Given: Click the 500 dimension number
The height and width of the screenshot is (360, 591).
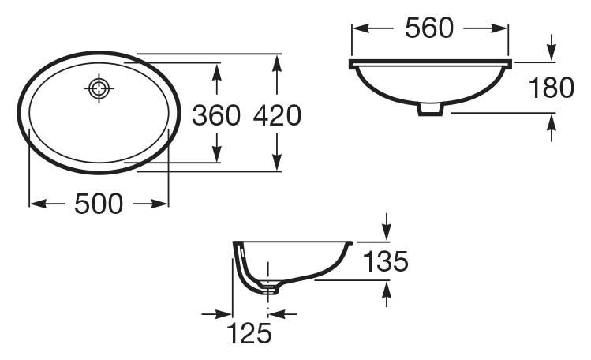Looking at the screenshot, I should tap(99, 204).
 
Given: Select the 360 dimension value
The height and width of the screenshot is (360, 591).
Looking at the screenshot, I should tap(216, 115).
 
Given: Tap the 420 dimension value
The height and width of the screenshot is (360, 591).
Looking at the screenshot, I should tap(277, 115).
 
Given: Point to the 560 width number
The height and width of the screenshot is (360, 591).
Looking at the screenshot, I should tap(429, 28).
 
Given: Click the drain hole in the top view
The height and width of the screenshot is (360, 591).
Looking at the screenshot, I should tap(98, 88).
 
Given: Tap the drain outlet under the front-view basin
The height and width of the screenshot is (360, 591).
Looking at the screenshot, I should tap(430, 109).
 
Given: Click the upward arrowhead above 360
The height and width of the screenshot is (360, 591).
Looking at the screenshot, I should tap(216, 69).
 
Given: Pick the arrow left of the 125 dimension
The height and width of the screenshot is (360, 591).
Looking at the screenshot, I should tap(226, 314).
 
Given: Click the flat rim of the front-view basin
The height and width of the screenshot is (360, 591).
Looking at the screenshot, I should tap(431, 62).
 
